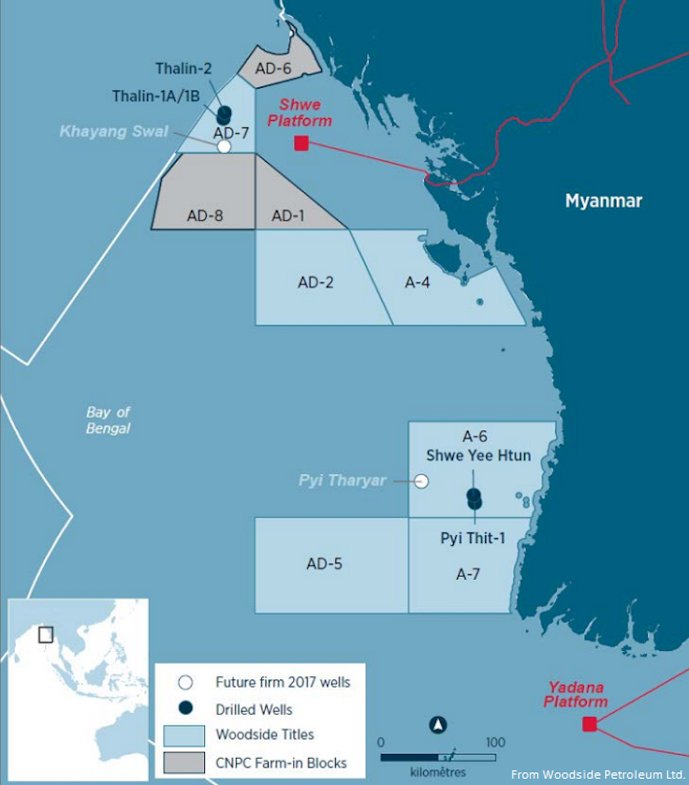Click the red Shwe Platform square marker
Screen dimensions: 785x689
[x=301, y=143]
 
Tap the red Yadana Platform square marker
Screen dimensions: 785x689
[x=590, y=724]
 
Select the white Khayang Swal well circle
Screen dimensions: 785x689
[x=224, y=146]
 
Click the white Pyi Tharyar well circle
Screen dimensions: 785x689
[x=421, y=481]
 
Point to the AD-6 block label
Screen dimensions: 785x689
[x=273, y=69]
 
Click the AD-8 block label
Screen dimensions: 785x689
[x=205, y=216]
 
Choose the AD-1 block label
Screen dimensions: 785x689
[x=288, y=216]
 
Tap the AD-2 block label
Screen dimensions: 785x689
[x=316, y=282]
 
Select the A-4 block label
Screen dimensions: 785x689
[x=417, y=282]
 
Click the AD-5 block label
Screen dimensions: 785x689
[x=324, y=564]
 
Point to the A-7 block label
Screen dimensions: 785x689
[x=468, y=574]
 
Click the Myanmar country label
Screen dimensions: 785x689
[x=603, y=201]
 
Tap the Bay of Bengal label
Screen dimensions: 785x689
[x=108, y=420]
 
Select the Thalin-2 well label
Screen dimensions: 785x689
[x=184, y=69]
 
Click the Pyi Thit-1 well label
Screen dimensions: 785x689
[x=473, y=538]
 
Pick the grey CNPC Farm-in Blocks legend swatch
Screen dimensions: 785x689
[x=184, y=763]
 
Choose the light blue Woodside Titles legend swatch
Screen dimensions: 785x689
[x=184, y=736]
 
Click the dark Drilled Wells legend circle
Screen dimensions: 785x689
[x=185, y=708]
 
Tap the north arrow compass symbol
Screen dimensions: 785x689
[x=438, y=725]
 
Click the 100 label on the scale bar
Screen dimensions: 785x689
[x=496, y=742]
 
